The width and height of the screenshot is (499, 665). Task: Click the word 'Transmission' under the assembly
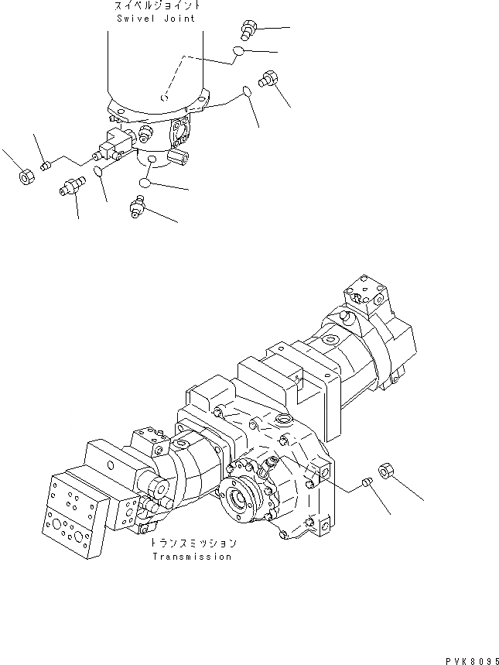coord(191,557)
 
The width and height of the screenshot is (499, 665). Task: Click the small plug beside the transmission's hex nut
coord(367,484)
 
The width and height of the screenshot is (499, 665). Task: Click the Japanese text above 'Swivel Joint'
coord(156,6)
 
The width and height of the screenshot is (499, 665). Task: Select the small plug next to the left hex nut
coord(46,163)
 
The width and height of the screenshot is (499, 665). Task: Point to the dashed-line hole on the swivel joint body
coord(163,98)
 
